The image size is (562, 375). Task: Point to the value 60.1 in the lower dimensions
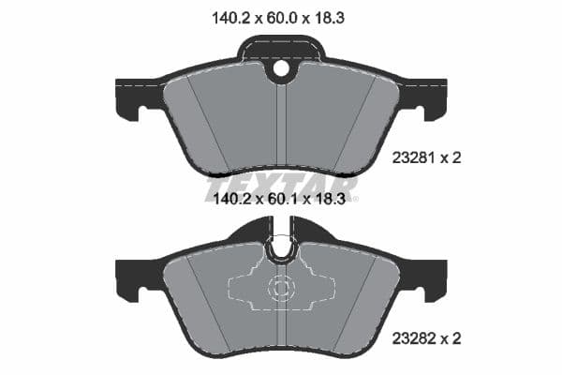(281, 199)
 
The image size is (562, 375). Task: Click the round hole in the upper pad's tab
(282, 67)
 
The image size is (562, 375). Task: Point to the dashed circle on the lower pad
(282, 291)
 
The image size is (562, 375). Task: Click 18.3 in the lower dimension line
(335, 199)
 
